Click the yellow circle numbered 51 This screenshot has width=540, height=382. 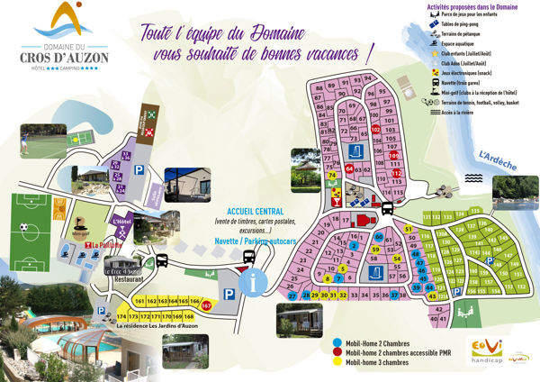pos(408,230)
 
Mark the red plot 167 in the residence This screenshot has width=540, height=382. pos(206,306)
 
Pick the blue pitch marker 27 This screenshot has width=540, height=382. pos(292,296)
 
